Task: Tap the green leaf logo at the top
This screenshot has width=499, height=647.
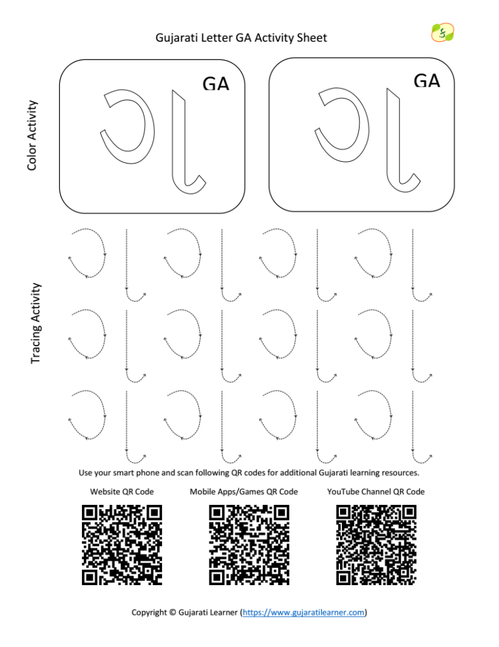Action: [443, 32]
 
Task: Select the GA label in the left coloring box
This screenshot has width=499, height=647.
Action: [216, 84]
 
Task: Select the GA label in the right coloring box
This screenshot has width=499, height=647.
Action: [427, 81]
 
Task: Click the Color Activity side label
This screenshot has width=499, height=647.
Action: [32, 135]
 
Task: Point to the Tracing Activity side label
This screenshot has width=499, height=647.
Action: [36, 323]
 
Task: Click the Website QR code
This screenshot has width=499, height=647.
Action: [122, 545]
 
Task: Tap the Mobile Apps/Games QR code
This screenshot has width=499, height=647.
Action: [249, 545]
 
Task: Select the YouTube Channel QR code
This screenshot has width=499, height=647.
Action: [376, 545]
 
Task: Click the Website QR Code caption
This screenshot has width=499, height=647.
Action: [122, 492]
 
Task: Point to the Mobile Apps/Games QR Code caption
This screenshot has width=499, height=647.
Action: [244, 492]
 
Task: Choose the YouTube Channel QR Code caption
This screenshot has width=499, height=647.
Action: [376, 492]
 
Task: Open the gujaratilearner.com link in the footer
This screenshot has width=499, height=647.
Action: [303, 612]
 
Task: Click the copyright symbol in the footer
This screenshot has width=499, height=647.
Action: [173, 612]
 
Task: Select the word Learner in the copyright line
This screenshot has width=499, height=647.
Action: [223, 612]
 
